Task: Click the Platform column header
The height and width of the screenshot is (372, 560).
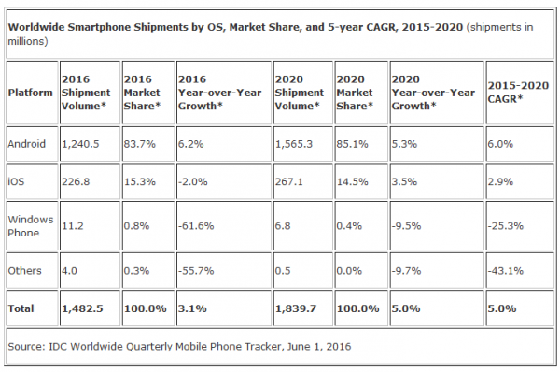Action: pos(31,93)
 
